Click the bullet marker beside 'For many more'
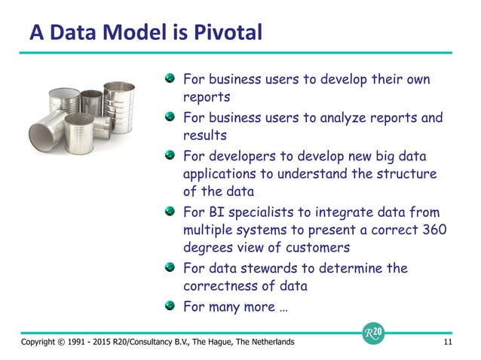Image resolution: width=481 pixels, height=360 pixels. coord(172,305)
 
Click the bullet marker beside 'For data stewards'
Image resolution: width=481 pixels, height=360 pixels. coord(172,267)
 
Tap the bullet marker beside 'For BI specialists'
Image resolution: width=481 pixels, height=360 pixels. coord(172,212)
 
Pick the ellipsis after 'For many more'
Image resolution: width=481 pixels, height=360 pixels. coord(281,307)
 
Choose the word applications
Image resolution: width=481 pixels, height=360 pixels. coord(223,175)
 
